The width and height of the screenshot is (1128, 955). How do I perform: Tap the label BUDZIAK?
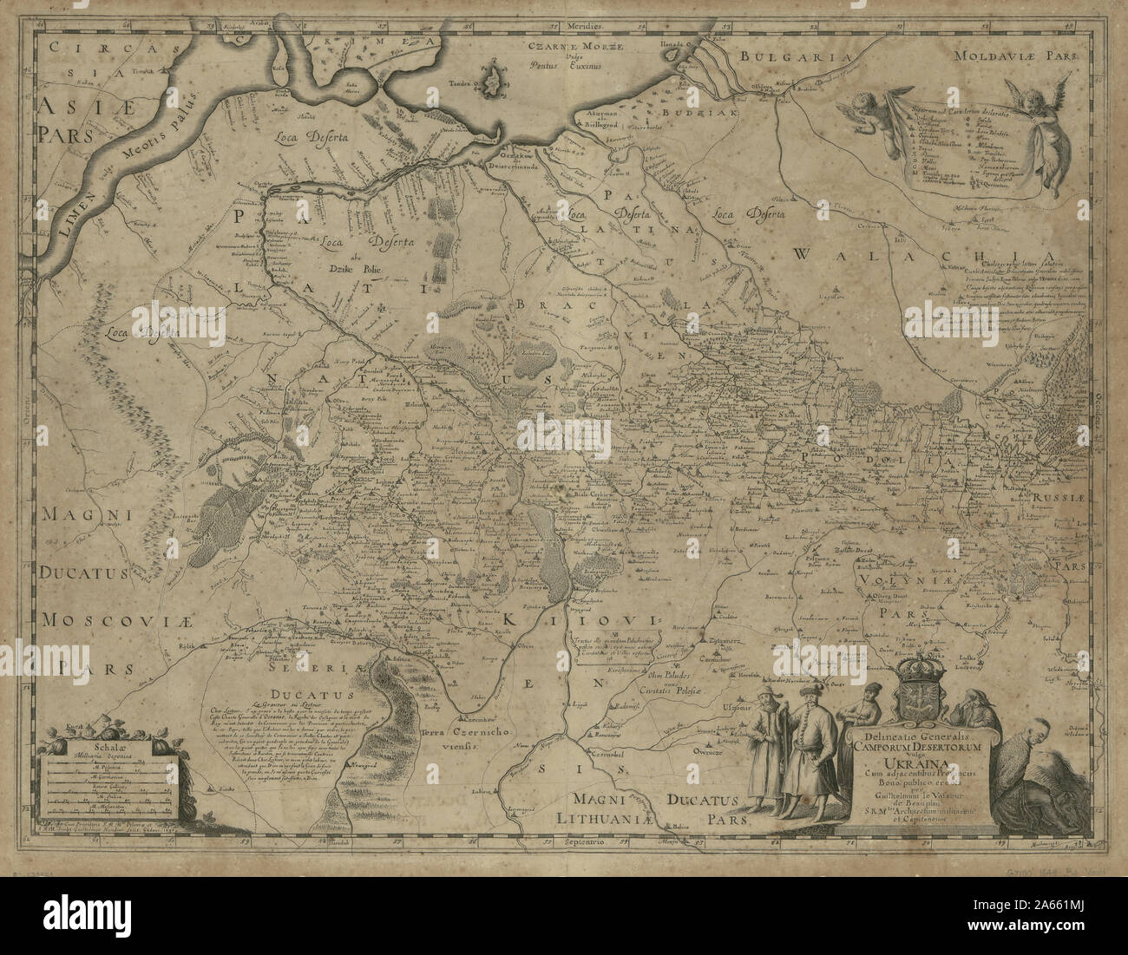(712, 114)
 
